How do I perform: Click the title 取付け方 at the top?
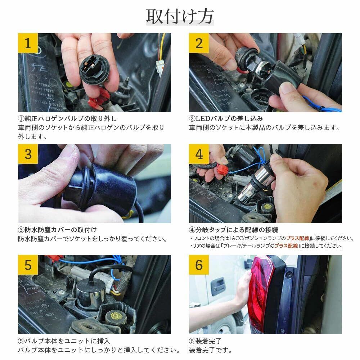coord(180,16)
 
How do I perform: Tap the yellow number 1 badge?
coord(28,43)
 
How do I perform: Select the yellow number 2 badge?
coord(199,43)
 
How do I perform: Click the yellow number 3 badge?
coord(28,154)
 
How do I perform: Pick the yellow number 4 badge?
coord(199,154)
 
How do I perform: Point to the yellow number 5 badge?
coord(28,265)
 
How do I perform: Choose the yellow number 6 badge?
coord(199,265)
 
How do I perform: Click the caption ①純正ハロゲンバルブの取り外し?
coord(67,118)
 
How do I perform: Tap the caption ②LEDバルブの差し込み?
coord(226,118)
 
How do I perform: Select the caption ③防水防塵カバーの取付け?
coord(57,230)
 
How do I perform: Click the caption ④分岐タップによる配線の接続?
coord(234,230)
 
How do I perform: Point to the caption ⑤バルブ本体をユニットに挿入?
coord(64,341)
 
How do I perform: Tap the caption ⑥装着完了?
coord(205,341)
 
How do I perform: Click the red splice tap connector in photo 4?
coord(222,170)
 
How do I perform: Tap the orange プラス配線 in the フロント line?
coord(298,238)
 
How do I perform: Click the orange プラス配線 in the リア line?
coord(286,246)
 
